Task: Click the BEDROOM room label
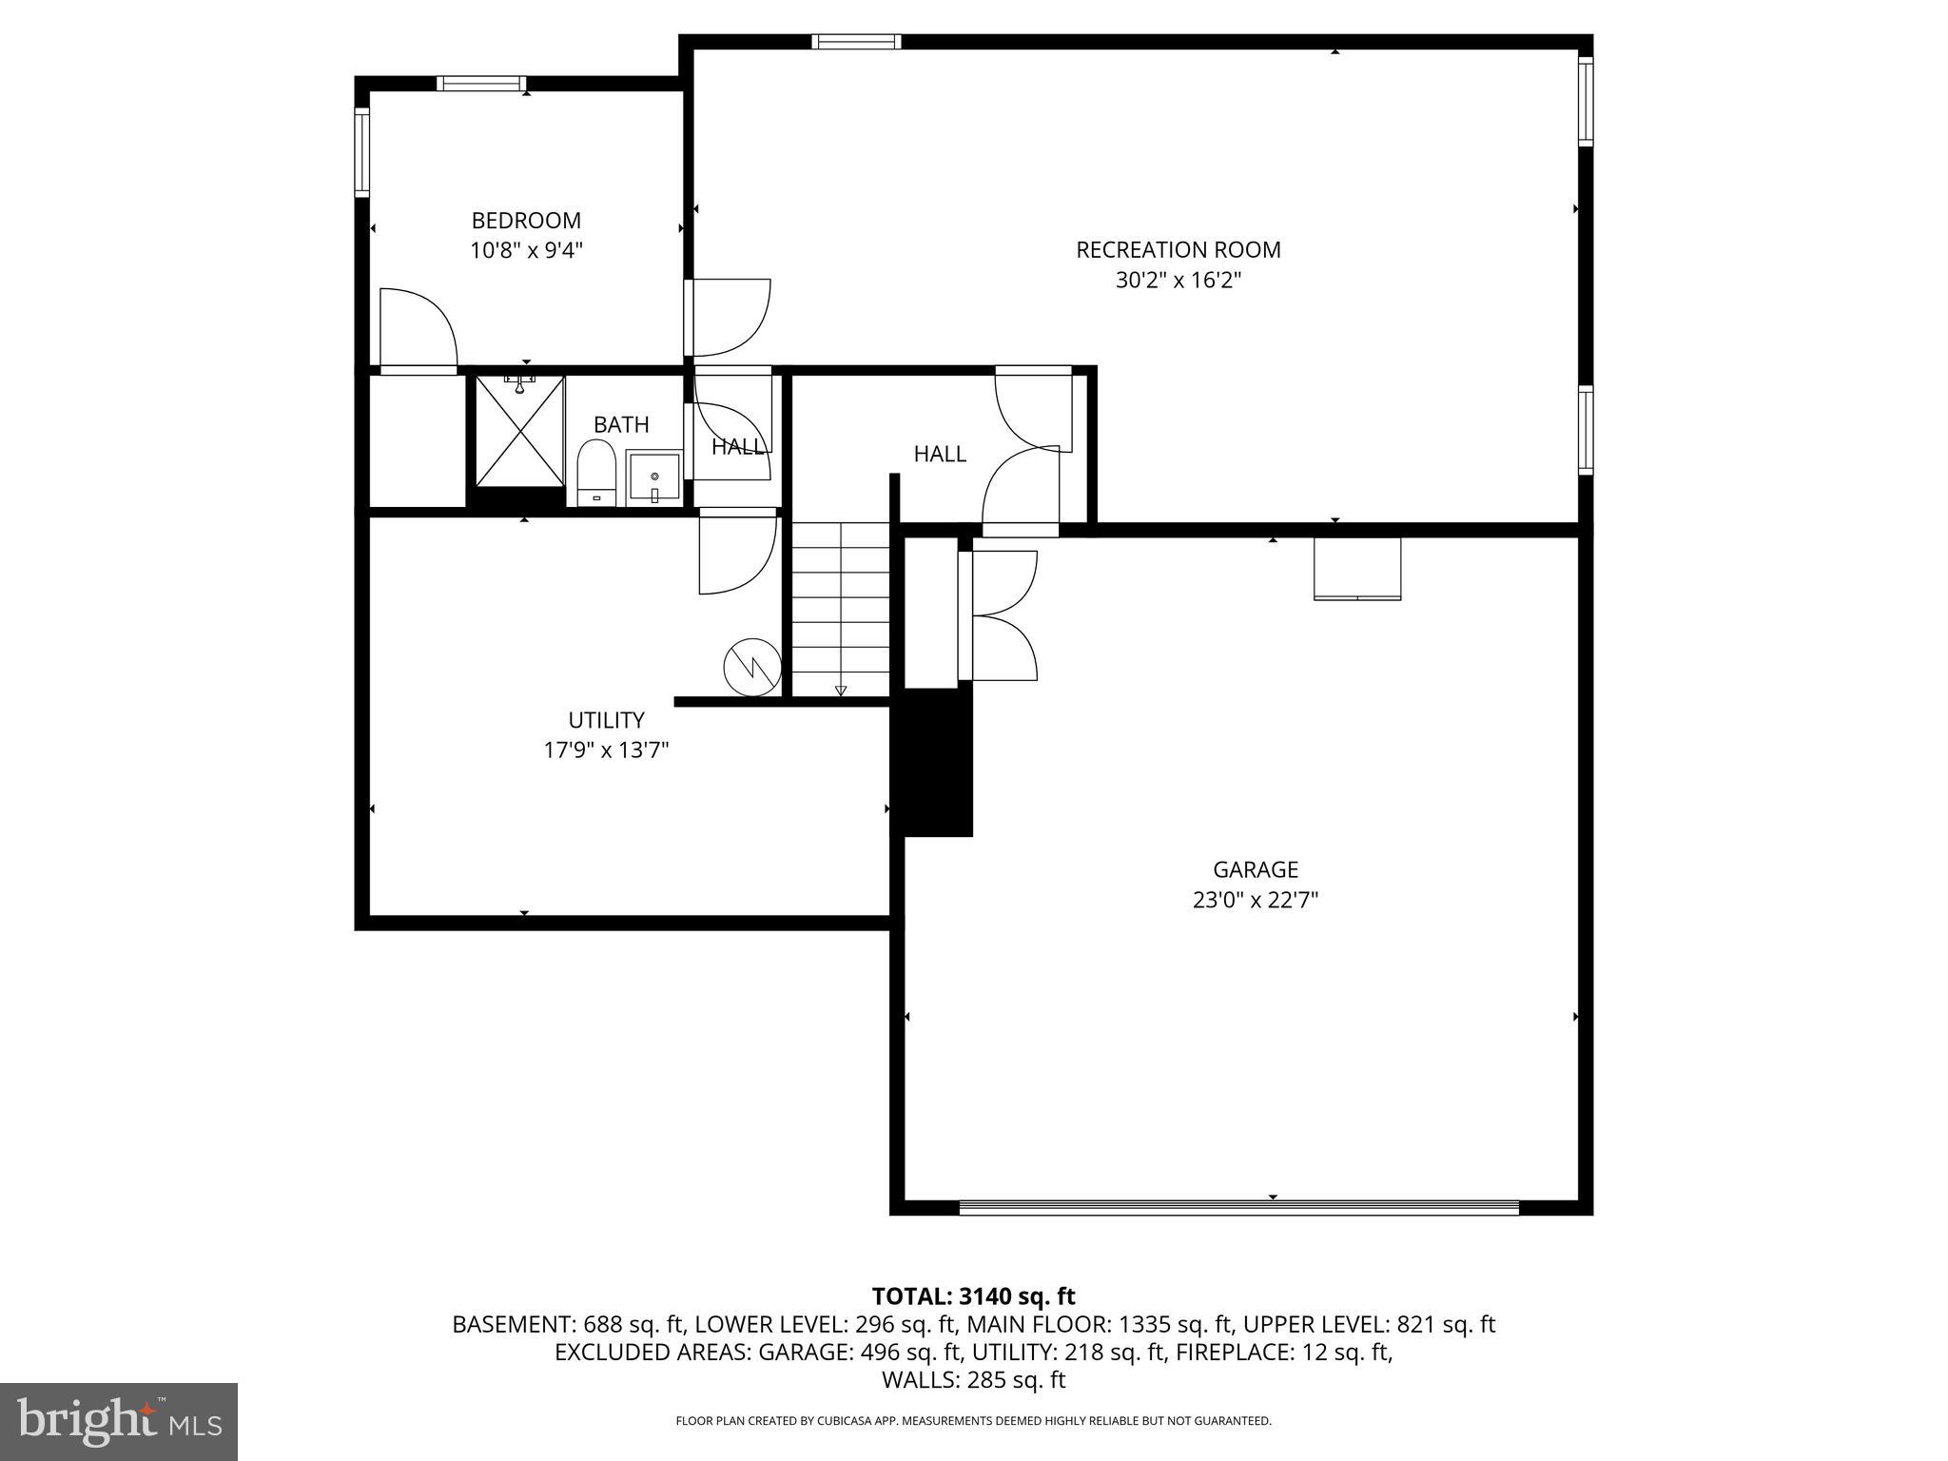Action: click(526, 221)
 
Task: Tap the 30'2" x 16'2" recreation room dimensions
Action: click(1179, 281)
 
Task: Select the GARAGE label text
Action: click(1255, 869)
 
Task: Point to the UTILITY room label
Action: click(606, 720)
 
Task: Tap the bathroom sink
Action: click(653, 477)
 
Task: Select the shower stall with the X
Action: click(520, 431)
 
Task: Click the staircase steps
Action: click(841, 609)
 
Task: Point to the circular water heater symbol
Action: click(751, 667)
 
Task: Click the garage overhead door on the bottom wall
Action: click(1238, 1208)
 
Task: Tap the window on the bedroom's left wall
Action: click(362, 153)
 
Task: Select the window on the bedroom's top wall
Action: click(481, 84)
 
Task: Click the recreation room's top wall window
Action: click(856, 41)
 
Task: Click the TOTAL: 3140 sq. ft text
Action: click(973, 1295)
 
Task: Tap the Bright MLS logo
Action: click(119, 1421)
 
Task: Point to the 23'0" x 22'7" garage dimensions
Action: click(1255, 900)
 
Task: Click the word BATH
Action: click(621, 424)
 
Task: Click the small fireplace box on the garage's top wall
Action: click(1356, 569)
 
